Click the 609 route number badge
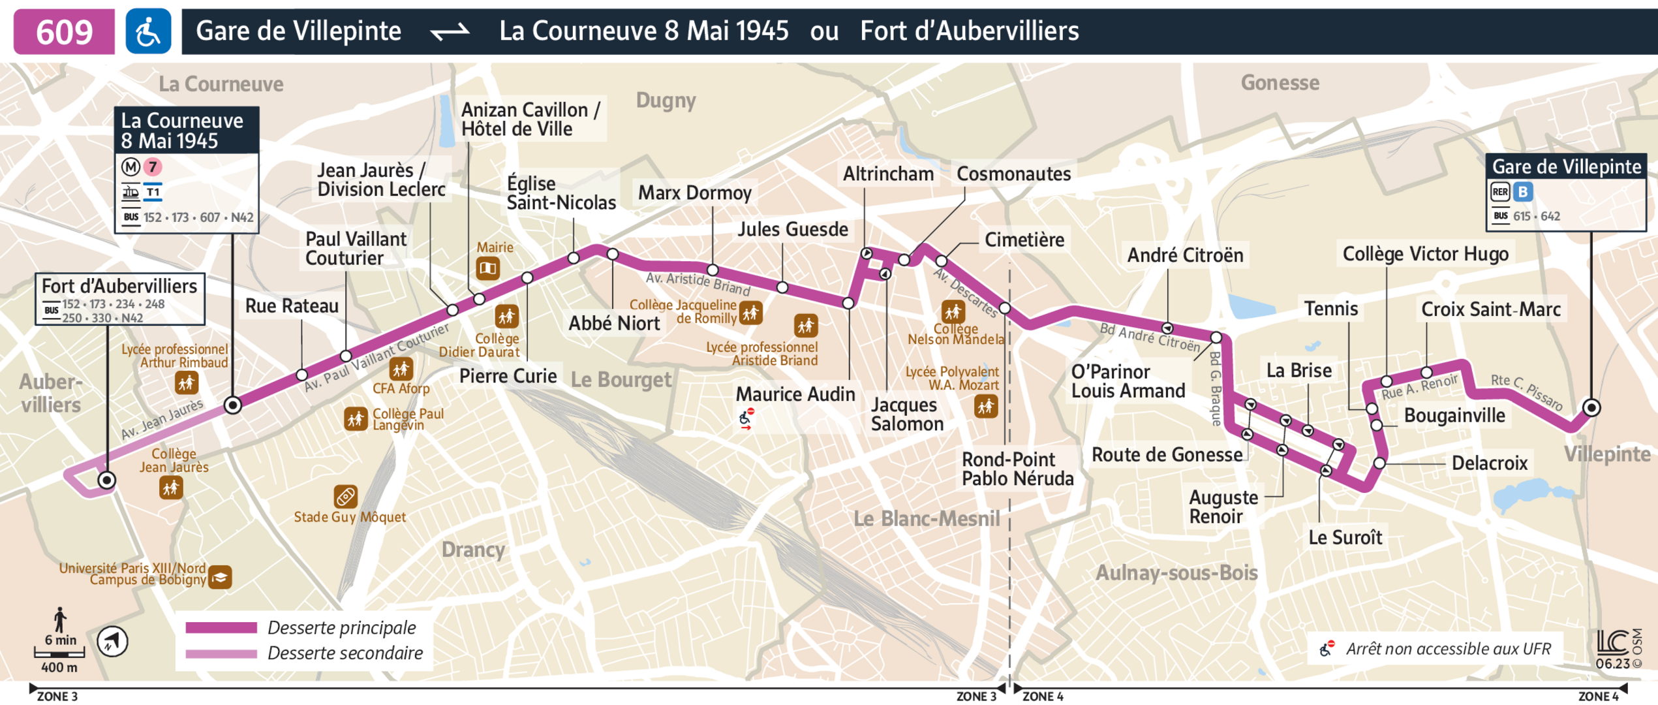(64, 31)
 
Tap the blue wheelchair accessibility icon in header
(148, 31)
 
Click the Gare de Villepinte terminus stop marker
(1591, 408)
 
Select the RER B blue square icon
(1522, 192)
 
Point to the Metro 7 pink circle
(153, 167)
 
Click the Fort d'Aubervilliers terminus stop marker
(107, 480)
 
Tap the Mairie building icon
(487, 268)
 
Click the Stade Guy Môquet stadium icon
(345, 497)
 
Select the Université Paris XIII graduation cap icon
(220, 577)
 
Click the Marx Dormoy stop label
(694, 193)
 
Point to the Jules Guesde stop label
(792, 229)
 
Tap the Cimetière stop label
(1024, 240)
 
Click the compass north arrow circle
(112, 641)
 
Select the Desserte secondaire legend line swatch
(221, 653)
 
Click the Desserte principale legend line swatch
(221, 628)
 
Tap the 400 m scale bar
(59, 653)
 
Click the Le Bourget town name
(621, 379)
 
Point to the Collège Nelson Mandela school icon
(953, 311)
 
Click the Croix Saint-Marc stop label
(1490, 309)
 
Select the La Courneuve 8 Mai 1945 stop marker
(233, 405)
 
